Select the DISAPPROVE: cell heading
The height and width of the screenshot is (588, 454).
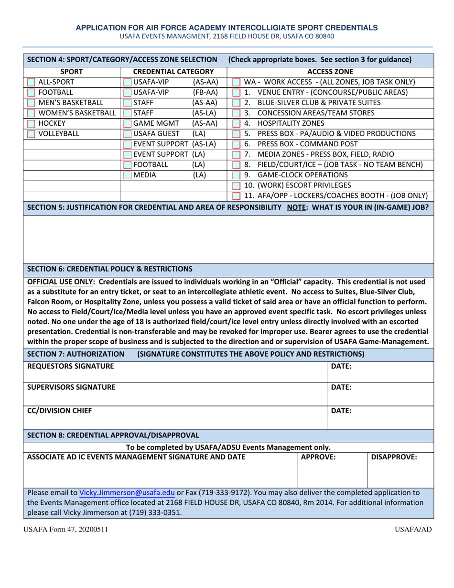(394, 457)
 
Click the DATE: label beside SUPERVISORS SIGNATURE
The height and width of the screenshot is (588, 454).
(341, 388)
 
